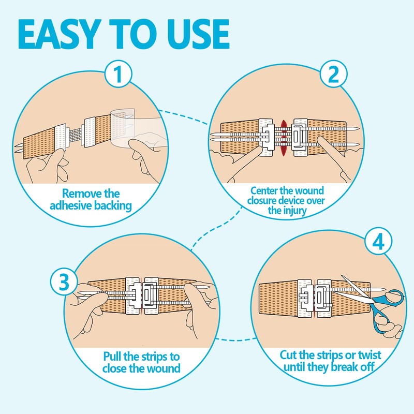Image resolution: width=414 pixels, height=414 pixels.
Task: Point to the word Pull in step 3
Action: [113, 357]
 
